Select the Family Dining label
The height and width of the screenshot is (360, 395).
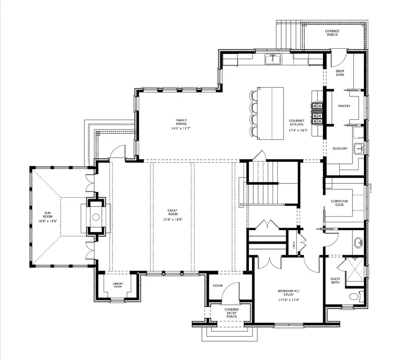click(x=182, y=124)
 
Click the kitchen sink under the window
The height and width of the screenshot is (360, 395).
click(x=273, y=59)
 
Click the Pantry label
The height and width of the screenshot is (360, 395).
click(x=344, y=106)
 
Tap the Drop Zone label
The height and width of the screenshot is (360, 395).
click(x=340, y=73)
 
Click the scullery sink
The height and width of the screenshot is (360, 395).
click(x=359, y=148)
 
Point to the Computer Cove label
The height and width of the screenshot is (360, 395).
click(x=339, y=203)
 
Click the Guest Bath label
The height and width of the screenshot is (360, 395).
click(x=335, y=281)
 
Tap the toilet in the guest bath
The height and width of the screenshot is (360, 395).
click(x=354, y=297)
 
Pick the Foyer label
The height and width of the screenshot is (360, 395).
click(x=218, y=285)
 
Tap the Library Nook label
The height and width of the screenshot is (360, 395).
click(x=118, y=285)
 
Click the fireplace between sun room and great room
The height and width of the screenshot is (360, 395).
click(x=96, y=217)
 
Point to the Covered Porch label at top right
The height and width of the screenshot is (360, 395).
click(x=332, y=32)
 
